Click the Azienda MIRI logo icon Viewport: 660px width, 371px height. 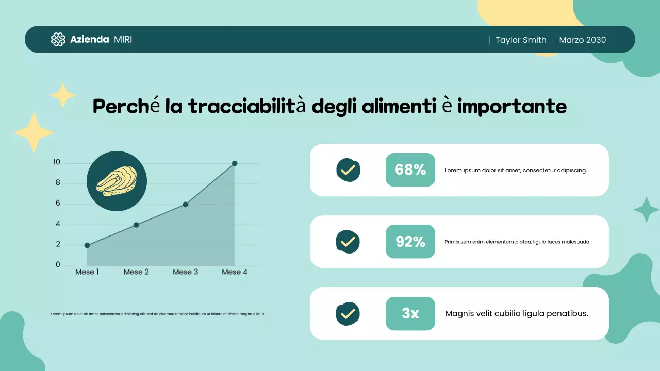[58, 40]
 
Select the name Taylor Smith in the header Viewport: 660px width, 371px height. [521, 40]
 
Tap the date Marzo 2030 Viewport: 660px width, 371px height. [582, 40]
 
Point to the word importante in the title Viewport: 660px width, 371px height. [512, 107]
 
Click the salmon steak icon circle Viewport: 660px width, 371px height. [117, 181]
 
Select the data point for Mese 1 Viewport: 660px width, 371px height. [87, 245]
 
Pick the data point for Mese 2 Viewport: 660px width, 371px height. [136, 225]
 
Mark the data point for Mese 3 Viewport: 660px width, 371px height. [186, 204]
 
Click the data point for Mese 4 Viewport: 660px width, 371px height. [235, 163]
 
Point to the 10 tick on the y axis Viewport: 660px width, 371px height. [57, 162]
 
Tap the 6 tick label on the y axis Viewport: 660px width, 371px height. [58, 204]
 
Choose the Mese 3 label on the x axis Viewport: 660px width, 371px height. [185, 272]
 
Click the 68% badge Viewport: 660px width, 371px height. [410, 170]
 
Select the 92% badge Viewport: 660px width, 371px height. [410, 241]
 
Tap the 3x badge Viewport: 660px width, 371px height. [410, 313]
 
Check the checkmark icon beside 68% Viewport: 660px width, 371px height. [348, 170]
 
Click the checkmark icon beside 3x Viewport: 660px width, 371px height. [348, 313]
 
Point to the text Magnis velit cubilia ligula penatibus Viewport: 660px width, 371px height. [517, 313]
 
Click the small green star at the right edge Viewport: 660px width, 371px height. [646, 210]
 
